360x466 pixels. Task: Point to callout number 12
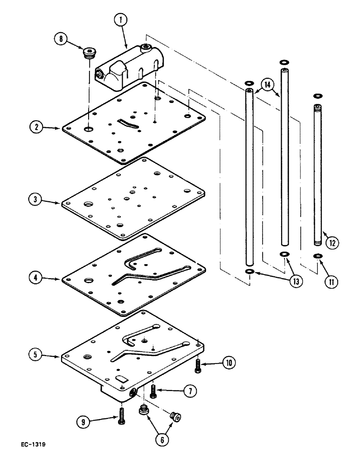pos(332,242)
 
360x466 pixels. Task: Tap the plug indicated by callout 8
pos(87,53)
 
